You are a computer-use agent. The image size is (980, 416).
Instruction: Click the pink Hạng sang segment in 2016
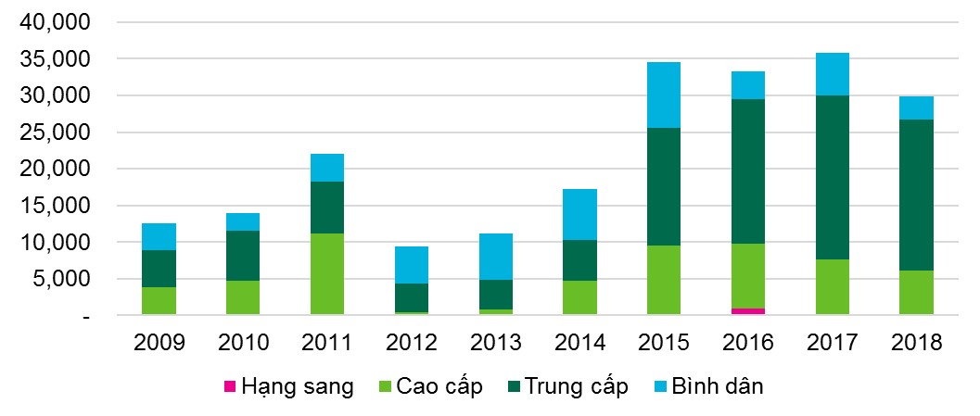(747, 311)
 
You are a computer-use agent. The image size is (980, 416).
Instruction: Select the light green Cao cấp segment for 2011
(326, 274)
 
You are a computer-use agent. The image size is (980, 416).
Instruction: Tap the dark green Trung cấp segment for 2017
(832, 177)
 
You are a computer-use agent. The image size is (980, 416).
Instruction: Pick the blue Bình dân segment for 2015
(663, 95)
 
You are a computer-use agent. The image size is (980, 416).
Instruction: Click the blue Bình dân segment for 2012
(411, 265)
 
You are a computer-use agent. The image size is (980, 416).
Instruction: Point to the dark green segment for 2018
(916, 195)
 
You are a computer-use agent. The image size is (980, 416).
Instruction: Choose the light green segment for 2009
(159, 301)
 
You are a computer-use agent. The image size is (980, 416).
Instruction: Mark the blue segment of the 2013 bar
(495, 257)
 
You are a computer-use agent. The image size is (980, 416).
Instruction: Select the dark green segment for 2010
(243, 256)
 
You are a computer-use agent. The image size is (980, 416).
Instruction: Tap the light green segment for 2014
(579, 297)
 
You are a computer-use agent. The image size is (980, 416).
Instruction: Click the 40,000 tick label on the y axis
(57, 22)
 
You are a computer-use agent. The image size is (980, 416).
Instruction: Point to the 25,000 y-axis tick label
(57, 132)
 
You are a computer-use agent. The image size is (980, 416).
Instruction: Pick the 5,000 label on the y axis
(63, 279)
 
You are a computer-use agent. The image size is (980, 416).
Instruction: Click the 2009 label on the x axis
(159, 342)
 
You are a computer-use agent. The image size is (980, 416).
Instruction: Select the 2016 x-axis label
(747, 342)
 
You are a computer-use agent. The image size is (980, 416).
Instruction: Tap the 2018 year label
(916, 342)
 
